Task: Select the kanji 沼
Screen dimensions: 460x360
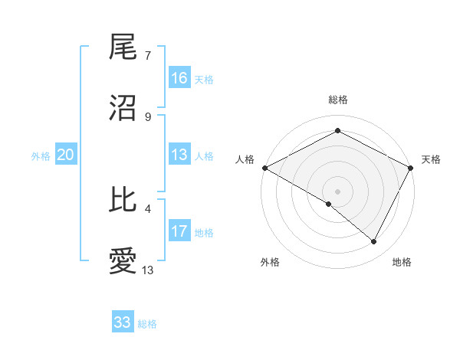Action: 123,107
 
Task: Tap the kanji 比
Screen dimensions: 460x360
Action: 123,201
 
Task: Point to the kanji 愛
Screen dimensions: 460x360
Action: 123,261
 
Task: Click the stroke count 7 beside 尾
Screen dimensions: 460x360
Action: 147,56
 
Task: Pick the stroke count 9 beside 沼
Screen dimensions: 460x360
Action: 147,116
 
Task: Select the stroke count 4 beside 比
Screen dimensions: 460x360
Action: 147,208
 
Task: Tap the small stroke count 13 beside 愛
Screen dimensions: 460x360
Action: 148,270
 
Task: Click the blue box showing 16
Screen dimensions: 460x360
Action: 179,78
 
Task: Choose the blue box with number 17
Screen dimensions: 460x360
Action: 179,231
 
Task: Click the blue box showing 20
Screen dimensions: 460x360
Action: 65,155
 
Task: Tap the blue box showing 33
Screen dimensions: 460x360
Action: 123,322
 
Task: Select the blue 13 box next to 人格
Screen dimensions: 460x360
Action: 179,155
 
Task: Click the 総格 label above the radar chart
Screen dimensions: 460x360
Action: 338,100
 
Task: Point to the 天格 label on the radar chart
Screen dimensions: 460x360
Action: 431,159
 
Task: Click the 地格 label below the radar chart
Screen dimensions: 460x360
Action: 402,263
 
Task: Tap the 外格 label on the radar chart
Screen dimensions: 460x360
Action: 269,263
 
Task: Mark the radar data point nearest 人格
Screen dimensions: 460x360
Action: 264,167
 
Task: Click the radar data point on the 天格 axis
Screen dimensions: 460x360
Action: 412,167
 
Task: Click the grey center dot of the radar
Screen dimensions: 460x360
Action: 338,191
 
